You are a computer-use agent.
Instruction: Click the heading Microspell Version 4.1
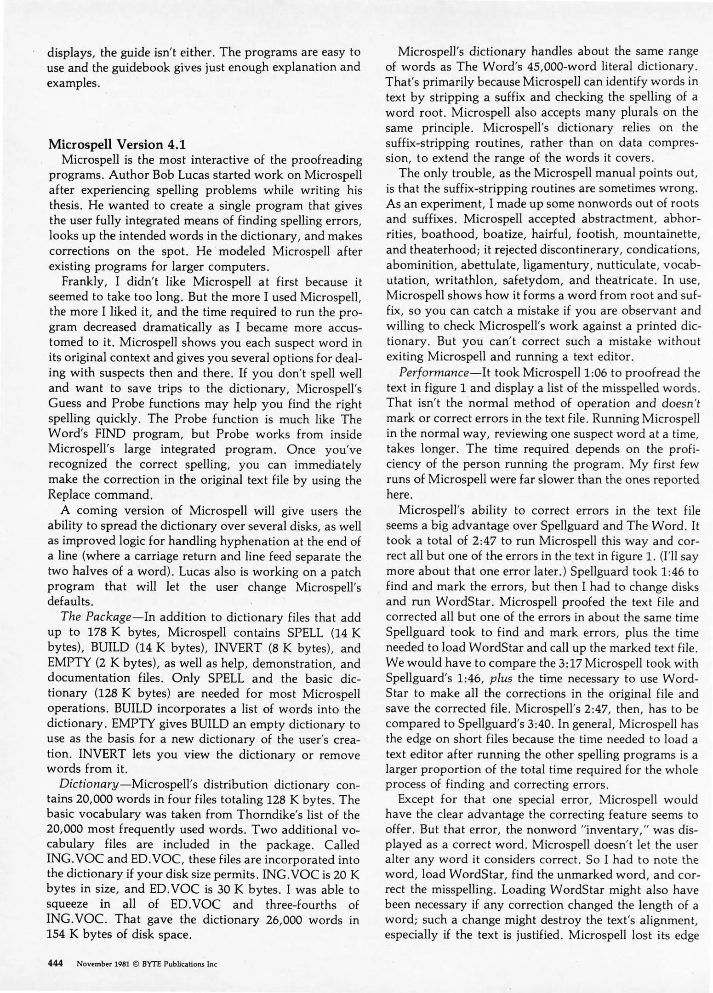(x=117, y=145)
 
